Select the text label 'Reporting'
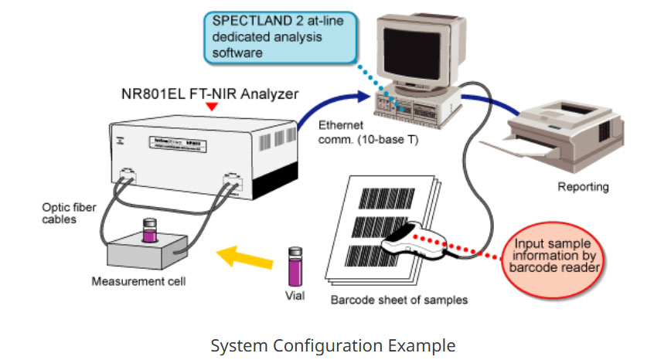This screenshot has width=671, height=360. click(583, 187)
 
